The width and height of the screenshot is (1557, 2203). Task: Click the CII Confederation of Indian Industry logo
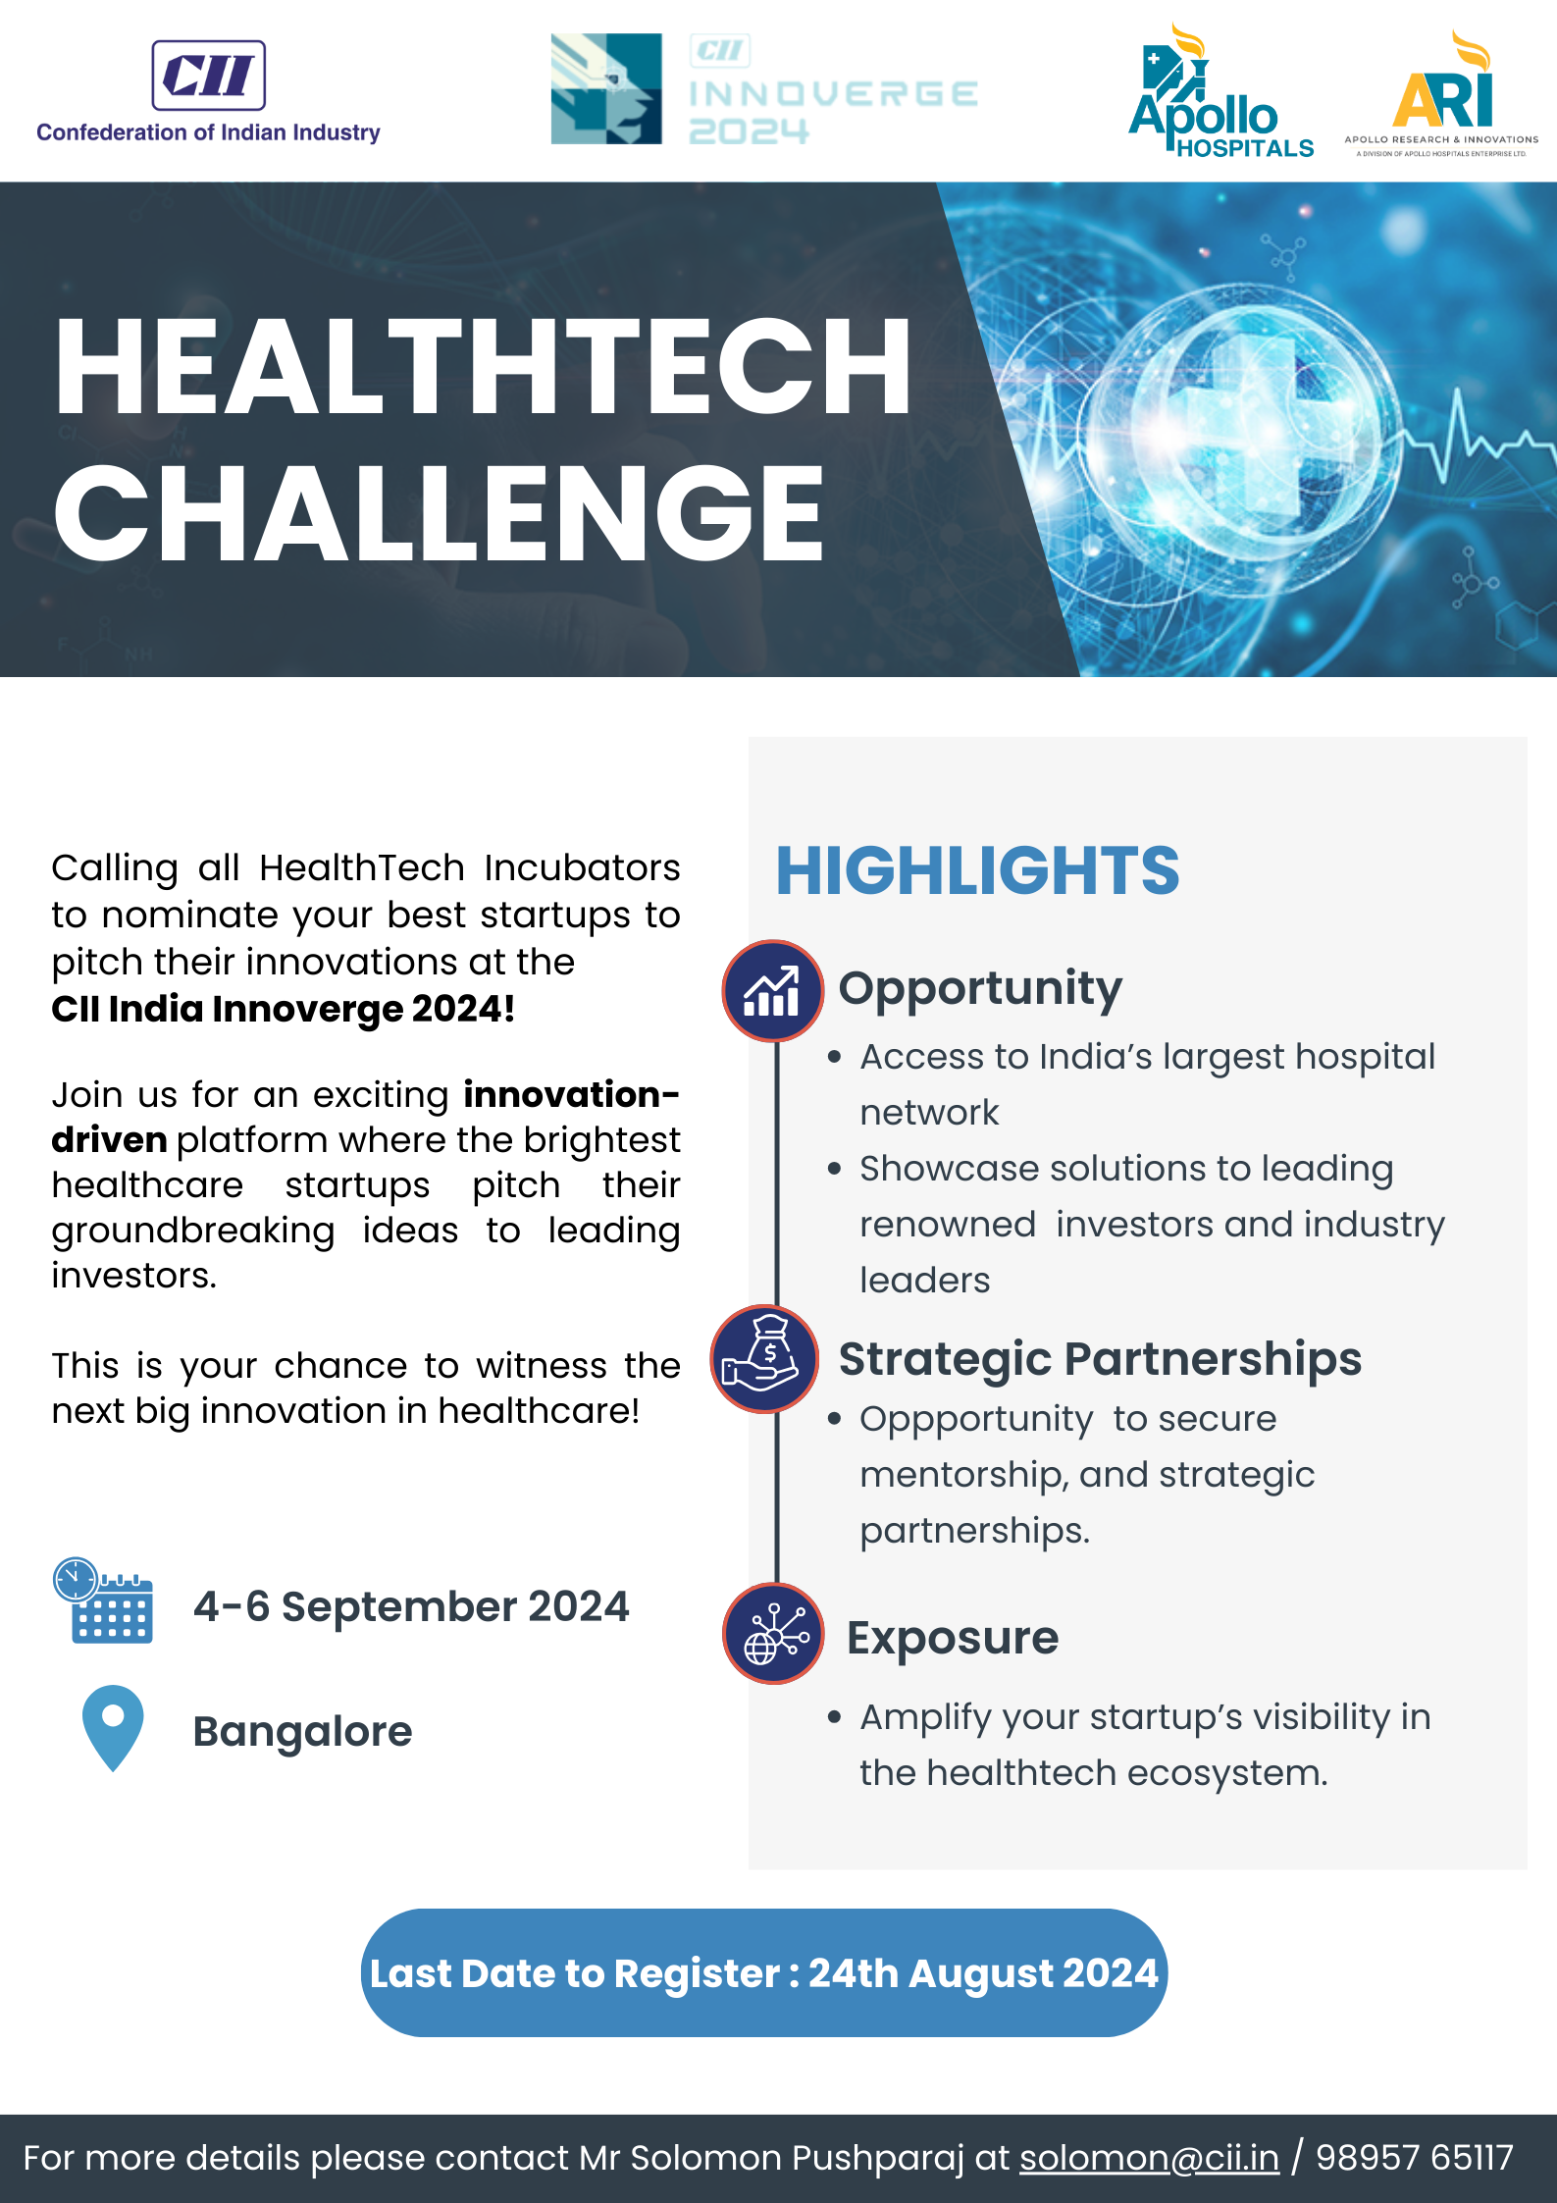(x=208, y=92)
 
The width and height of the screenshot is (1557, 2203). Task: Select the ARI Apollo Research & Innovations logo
(x=1441, y=93)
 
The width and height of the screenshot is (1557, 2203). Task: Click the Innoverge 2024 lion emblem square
(x=606, y=89)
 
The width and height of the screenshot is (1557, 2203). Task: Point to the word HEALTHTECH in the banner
(x=484, y=366)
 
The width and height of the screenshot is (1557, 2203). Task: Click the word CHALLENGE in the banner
(x=439, y=513)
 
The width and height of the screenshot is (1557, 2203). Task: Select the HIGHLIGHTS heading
(x=977, y=870)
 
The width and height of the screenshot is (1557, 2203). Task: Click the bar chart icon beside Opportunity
(x=772, y=990)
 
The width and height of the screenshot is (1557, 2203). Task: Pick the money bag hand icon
(x=764, y=1358)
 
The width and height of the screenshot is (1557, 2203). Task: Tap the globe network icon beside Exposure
(x=773, y=1633)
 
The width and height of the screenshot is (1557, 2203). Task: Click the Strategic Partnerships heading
(x=1100, y=1360)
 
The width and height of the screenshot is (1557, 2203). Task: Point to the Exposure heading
(x=953, y=1638)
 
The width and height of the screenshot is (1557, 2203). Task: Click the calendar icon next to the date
(x=103, y=1600)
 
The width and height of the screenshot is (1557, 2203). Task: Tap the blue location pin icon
(x=113, y=1728)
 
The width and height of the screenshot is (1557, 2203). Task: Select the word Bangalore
(x=302, y=1732)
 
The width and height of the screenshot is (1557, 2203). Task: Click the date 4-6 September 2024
(x=411, y=1606)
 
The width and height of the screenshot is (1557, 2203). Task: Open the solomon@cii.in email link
(x=1149, y=2158)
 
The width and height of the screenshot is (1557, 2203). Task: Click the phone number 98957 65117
(x=1414, y=2158)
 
